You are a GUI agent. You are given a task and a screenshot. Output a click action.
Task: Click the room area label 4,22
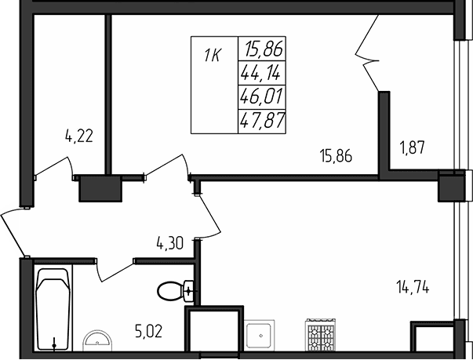coord(79,136)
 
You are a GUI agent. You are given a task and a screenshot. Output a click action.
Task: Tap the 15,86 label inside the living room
coord(335,155)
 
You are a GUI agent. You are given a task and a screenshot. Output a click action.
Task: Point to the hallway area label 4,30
coord(169,243)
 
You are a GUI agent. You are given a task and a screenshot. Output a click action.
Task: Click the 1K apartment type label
coord(213,56)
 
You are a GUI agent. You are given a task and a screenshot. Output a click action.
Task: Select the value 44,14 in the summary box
coord(263,75)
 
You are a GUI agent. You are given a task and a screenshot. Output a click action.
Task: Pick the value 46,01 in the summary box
coord(263,98)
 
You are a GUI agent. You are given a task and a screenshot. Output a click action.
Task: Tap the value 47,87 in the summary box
coord(263,121)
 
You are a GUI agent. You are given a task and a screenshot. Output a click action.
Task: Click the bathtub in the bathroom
coord(53,310)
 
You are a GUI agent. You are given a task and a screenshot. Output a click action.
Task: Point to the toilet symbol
coord(173,291)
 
